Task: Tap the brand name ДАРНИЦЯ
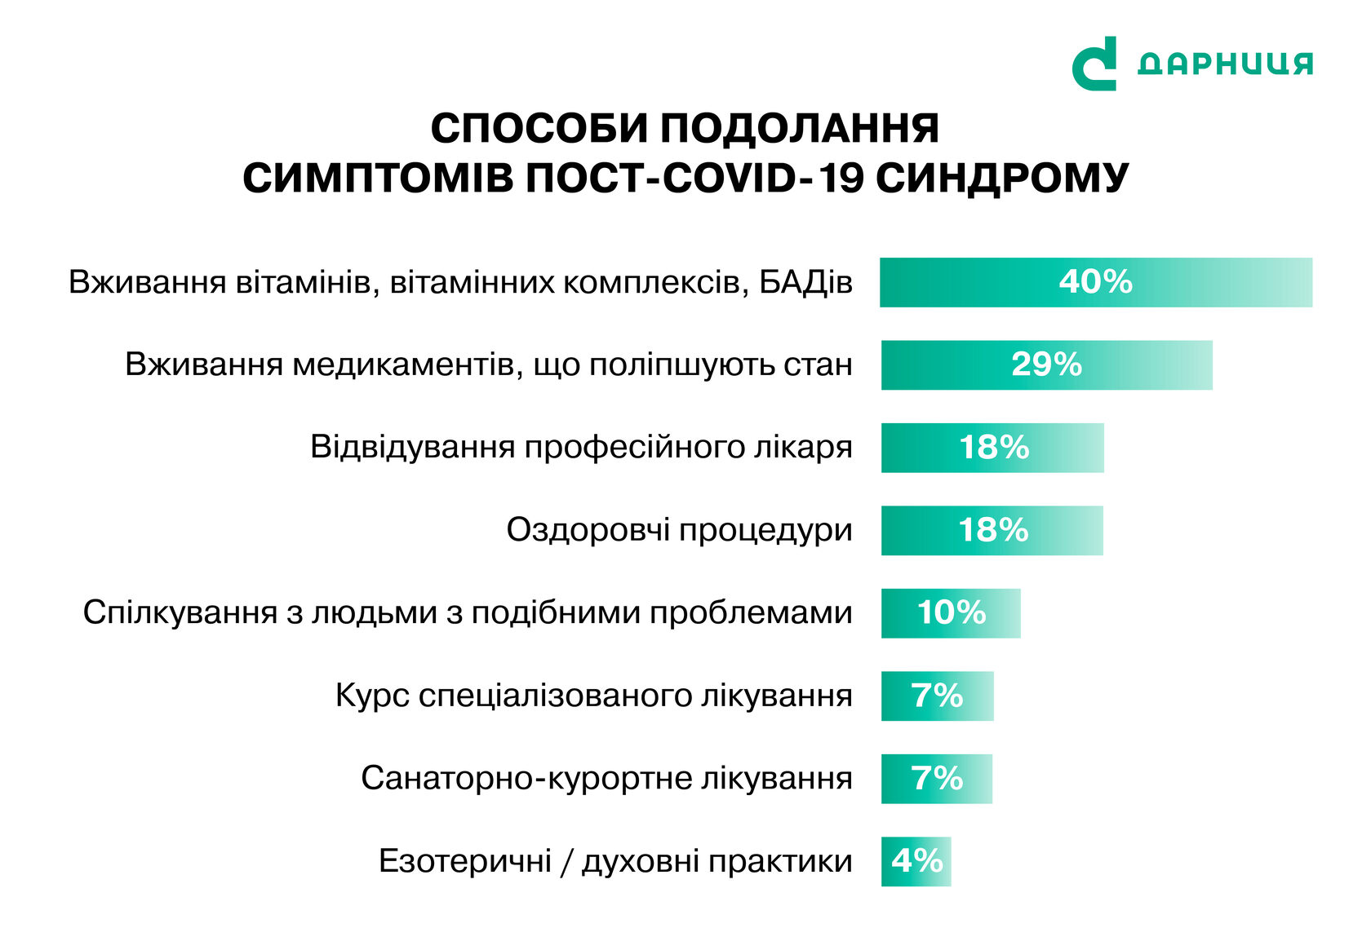pos(1225,64)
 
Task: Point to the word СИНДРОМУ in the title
pos(1002,178)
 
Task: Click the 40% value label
pos(1095,281)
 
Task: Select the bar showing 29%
pos(1046,365)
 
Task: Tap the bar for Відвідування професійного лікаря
pos(992,448)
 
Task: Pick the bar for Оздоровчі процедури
pos(992,530)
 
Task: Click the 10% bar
pos(952,613)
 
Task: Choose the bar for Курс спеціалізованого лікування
pos(938,696)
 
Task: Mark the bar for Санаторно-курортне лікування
pos(937,779)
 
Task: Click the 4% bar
pos(916,861)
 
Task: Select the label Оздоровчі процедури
pos(679,530)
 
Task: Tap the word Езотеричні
pos(465,861)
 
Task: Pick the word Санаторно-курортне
pos(526,779)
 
